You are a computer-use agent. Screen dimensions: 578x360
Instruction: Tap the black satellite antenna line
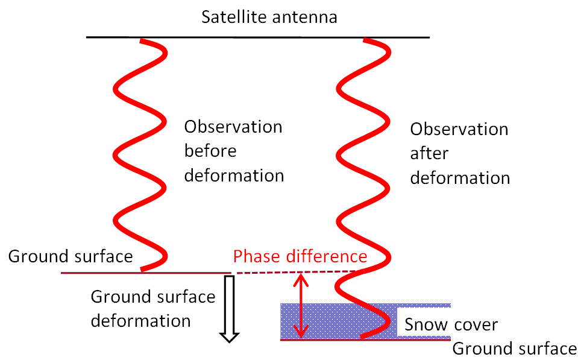tap(258, 37)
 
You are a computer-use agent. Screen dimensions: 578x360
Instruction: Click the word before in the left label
tap(210, 151)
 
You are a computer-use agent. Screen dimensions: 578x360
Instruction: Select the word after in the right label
tap(429, 153)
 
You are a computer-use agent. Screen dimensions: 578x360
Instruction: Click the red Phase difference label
tap(300, 256)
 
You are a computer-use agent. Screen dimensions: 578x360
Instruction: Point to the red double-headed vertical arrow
tap(301, 306)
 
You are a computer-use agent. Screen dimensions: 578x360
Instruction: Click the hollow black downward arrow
tap(229, 309)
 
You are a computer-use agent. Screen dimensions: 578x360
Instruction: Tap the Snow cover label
tap(451, 324)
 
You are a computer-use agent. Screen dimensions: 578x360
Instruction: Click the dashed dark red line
tap(300, 272)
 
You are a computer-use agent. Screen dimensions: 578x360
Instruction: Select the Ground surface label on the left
tap(71, 256)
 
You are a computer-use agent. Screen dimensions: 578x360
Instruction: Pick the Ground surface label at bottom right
tap(515, 348)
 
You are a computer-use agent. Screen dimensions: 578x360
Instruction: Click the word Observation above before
tap(233, 127)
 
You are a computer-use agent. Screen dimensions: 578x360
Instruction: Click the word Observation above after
tap(459, 129)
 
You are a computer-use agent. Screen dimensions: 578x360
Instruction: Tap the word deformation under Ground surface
tap(141, 321)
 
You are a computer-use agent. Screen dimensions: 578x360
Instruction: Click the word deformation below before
tap(234, 175)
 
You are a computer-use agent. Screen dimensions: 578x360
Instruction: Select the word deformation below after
tap(460, 178)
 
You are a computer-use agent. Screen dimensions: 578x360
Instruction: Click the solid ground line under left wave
tap(146, 273)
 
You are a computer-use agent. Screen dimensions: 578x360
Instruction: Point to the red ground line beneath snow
tap(365, 339)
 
